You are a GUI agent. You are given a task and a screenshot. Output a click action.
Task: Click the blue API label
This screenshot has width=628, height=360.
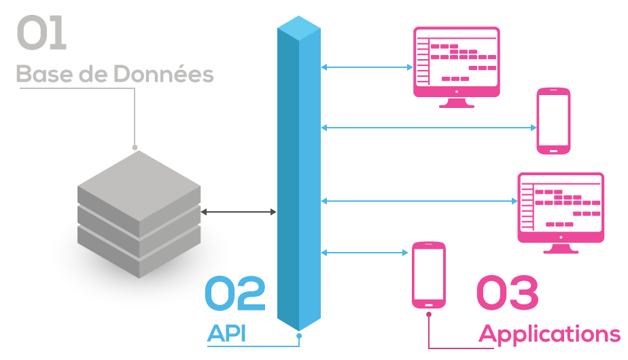[227, 334]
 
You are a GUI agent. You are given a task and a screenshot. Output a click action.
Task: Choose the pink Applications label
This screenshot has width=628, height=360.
[549, 334]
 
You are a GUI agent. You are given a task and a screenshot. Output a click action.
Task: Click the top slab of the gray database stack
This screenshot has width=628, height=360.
[139, 180]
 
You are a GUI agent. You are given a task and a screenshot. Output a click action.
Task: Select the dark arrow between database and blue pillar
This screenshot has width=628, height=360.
[239, 213]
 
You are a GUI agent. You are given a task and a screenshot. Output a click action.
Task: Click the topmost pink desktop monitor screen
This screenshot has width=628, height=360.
[457, 61]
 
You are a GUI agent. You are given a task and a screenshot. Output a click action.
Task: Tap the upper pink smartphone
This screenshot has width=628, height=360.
[553, 121]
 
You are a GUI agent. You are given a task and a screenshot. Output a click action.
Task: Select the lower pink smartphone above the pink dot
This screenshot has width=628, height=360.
[429, 274]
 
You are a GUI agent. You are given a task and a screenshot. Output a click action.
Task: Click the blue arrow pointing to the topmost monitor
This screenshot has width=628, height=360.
[367, 67]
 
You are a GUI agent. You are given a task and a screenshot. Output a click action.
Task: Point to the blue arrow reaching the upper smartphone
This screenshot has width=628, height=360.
[428, 127]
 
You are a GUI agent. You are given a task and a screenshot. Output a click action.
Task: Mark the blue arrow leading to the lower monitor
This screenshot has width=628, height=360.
[419, 200]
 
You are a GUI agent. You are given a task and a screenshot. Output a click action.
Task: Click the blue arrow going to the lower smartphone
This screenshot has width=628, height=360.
[367, 253]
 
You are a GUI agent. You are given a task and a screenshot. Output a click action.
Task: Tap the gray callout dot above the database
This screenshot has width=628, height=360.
[135, 147]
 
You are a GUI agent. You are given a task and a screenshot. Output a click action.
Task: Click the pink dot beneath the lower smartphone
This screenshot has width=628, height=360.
[429, 314]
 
